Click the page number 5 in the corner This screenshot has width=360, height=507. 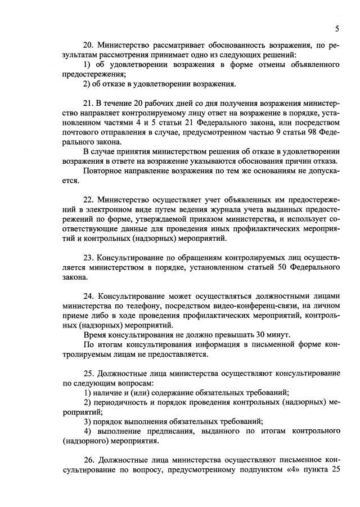coord(336,29)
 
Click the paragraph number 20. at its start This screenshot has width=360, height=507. coord(88,44)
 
